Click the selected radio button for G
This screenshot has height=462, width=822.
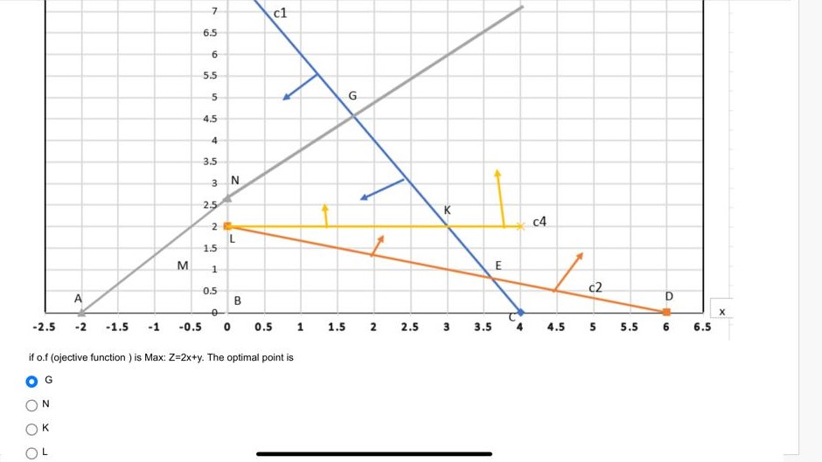pos(32,381)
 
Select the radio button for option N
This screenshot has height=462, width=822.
pos(32,404)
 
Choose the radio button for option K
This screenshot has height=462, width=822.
pos(32,428)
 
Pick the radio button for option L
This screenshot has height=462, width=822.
pos(32,452)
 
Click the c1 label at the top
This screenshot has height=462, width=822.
pos(280,13)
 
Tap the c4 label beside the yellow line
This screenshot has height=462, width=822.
pos(540,222)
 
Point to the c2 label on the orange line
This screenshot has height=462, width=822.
pos(596,287)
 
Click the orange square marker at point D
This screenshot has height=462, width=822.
pos(666,312)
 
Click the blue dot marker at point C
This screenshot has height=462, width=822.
pos(520,312)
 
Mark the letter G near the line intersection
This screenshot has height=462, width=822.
pos(352,94)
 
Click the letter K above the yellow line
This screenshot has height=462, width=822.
pos(447,210)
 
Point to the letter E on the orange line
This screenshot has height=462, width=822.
pos(498,265)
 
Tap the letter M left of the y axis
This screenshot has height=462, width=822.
pos(182,265)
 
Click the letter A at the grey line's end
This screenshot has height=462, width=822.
pos(78,299)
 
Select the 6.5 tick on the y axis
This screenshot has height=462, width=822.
pos(210,33)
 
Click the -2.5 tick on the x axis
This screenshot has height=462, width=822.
pos(43,328)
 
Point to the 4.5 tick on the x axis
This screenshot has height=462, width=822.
pos(556,328)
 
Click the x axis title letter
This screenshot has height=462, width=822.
pos(722,312)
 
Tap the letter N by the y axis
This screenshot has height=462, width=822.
pos(234,181)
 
